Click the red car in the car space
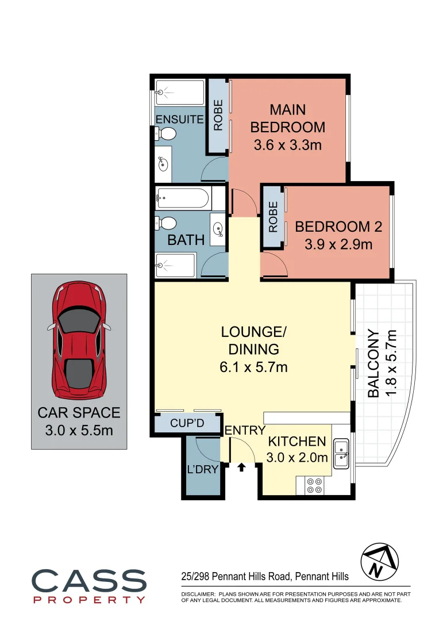79,342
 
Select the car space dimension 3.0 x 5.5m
79,430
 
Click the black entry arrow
241,467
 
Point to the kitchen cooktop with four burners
314,486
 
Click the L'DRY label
203,469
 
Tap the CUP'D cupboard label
187,423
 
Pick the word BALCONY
373,363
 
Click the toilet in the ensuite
166,134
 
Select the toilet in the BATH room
166,223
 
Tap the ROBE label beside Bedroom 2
273,216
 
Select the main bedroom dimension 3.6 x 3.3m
287,144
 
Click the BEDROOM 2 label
338,227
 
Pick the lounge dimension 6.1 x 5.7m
253,366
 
